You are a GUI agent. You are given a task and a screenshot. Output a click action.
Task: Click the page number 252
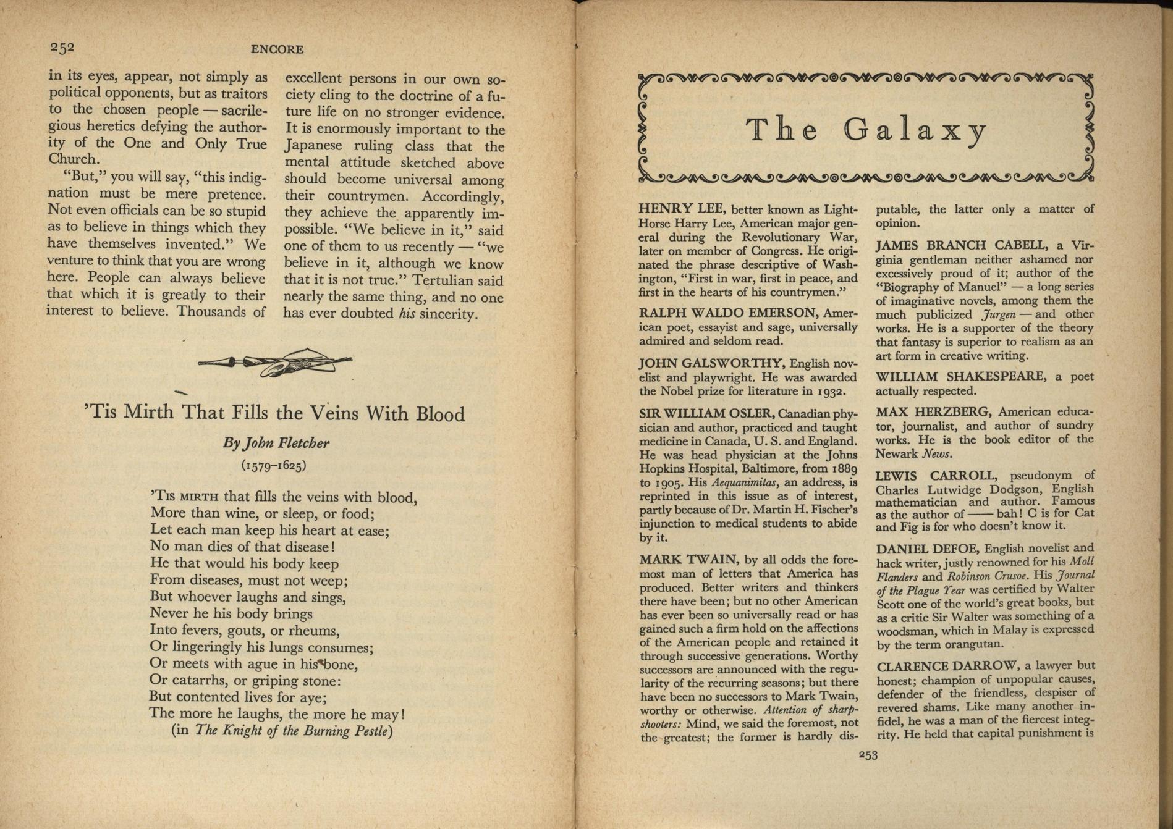click(62, 48)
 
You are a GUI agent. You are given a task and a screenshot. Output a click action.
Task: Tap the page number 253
click(868, 754)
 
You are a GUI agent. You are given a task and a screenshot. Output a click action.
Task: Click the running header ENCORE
click(277, 49)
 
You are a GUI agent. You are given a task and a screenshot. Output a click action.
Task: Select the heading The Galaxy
click(866, 130)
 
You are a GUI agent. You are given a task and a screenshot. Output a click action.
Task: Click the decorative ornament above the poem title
click(275, 363)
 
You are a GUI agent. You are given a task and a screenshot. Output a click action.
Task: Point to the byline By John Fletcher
click(276, 443)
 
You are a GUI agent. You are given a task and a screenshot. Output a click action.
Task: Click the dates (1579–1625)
click(274, 465)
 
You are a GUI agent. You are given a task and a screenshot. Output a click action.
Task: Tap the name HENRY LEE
click(676, 209)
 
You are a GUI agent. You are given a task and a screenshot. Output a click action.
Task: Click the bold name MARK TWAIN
click(688, 560)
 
